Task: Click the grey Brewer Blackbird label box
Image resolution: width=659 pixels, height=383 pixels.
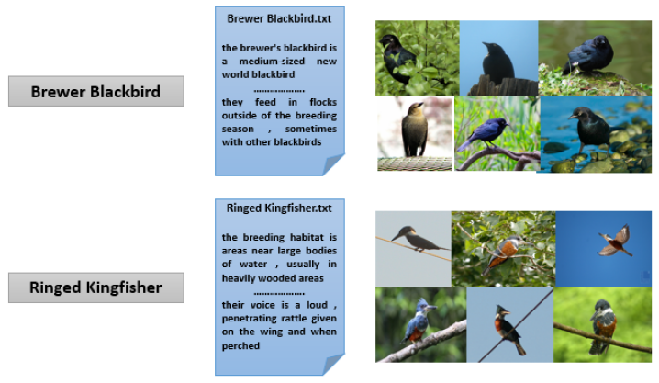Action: click(x=95, y=92)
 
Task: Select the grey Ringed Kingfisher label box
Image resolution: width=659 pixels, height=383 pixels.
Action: click(x=95, y=287)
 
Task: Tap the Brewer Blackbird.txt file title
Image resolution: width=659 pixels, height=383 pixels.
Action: click(x=279, y=18)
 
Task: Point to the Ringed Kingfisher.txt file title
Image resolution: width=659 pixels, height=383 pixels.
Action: click(x=279, y=208)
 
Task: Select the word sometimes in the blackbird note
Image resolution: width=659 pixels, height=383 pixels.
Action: click(x=309, y=130)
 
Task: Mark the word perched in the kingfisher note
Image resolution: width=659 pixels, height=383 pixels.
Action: click(x=240, y=346)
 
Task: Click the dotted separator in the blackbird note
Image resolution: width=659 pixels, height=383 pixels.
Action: click(x=279, y=89)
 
